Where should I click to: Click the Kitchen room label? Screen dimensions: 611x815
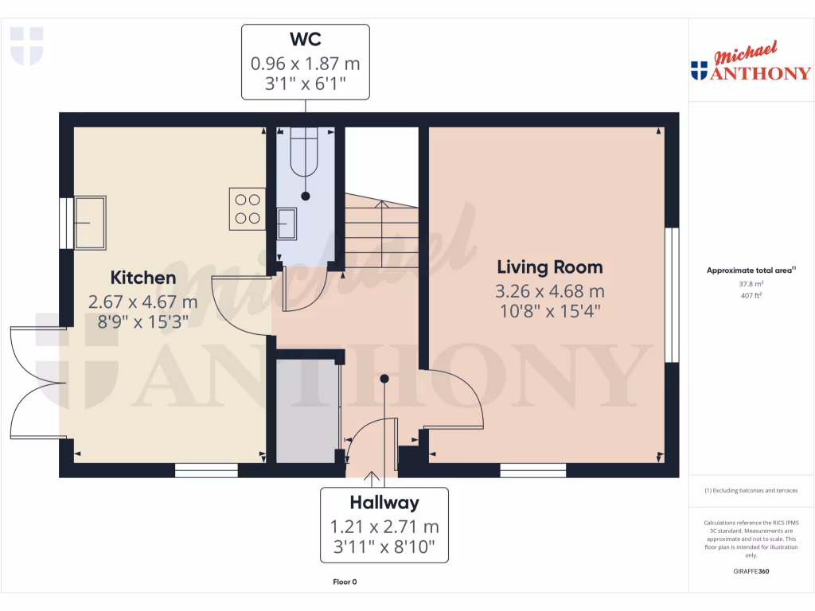click(x=142, y=278)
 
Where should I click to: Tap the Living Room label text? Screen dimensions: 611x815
click(x=550, y=267)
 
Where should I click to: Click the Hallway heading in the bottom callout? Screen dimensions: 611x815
click(x=384, y=503)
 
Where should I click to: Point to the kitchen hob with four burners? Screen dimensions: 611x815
click(x=247, y=208)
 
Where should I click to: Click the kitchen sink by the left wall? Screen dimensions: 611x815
click(x=93, y=221)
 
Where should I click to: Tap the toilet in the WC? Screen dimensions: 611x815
click(x=305, y=155)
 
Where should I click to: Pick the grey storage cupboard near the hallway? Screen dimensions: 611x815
click(x=306, y=411)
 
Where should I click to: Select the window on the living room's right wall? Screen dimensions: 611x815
click(x=672, y=294)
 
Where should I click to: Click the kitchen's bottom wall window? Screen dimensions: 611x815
click(x=206, y=471)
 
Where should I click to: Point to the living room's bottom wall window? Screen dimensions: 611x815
click(x=532, y=471)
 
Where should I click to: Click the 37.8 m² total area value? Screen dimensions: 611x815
click(x=751, y=283)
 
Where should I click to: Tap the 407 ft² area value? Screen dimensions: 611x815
click(x=751, y=295)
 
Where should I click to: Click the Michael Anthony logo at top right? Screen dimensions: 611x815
click(x=751, y=64)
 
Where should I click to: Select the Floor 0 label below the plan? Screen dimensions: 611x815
click(x=345, y=582)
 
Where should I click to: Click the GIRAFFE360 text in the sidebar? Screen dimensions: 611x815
click(x=751, y=571)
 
